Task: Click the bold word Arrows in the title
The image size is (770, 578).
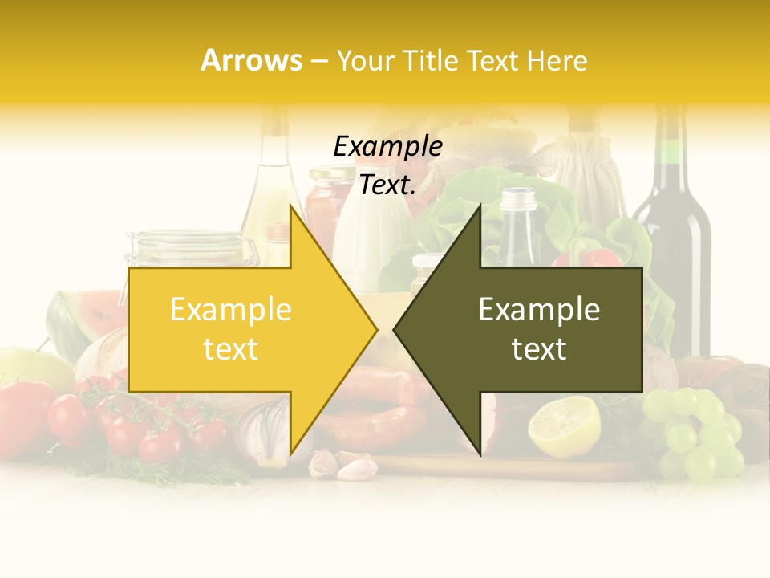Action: coord(251,60)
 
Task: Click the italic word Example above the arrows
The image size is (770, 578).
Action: coord(387,146)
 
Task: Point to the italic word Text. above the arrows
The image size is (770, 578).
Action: coord(387,185)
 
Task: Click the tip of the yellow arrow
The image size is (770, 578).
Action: coord(375,329)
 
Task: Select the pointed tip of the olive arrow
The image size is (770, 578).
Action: coord(395,329)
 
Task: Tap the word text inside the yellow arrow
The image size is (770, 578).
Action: coord(230,349)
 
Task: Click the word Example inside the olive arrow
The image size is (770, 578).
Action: coord(539,310)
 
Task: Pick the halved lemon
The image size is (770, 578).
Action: coord(565,425)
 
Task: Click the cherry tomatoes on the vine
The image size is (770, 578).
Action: coord(136,425)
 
